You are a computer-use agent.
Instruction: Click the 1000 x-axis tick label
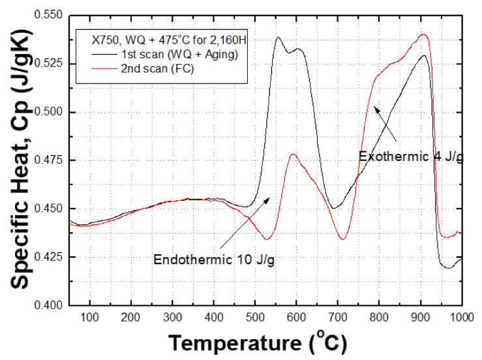pyautogui.click(x=460, y=317)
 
